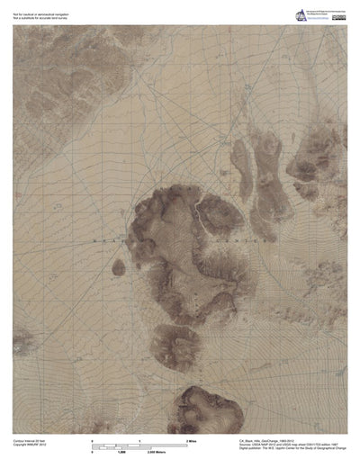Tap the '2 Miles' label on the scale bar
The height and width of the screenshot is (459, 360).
[192, 437]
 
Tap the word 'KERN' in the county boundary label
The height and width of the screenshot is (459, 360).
[106, 242]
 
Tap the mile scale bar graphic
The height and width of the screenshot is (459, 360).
[139, 442]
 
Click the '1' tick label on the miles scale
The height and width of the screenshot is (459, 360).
[139, 437]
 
